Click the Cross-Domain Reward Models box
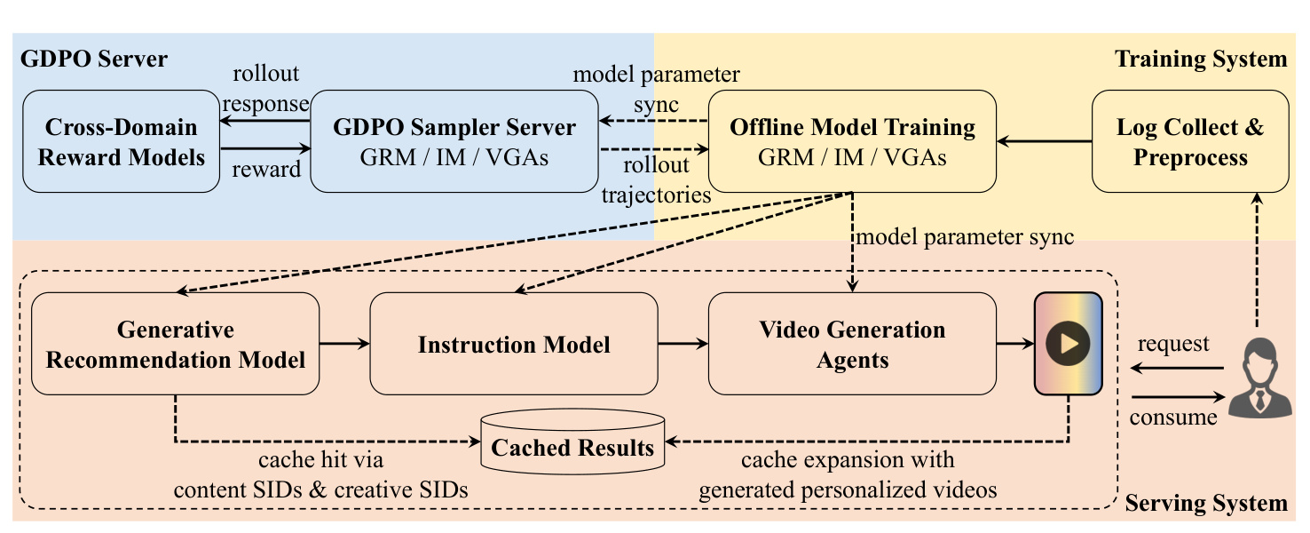click(121, 141)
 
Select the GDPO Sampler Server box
click(454, 141)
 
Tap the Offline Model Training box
click(852, 141)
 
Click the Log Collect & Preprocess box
click(1190, 141)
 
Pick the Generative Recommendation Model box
click(176, 344)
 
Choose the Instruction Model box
click(514, 344)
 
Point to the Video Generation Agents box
click(852, 344)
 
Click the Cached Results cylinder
click(572, 442)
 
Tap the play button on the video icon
click(1068, 344)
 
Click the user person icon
click(1259, 378)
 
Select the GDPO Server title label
click(93, 60)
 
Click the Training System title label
click(1201, 60)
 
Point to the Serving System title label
click(1206, 503)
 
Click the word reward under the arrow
click(266, 169)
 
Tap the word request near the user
click(1173, 344)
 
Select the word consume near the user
click(1173, 418)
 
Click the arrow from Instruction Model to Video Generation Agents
click(683, 344)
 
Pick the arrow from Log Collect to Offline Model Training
click(1044, 141)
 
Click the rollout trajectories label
click(656, 179)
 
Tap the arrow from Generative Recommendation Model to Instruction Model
click(344, 344)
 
